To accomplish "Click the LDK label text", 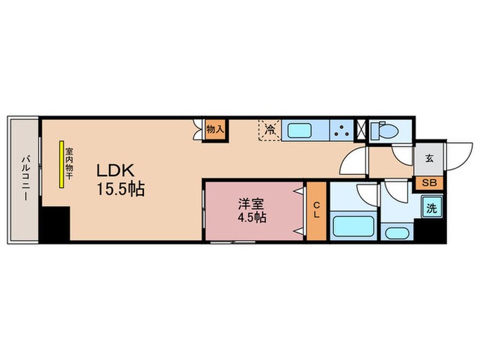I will tap(117, 171).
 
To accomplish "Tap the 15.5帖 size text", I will tap(119, 189).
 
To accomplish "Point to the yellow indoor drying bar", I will tap(62, 165).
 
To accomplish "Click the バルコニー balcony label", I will tap(24, 177).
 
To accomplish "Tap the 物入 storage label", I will tap(215, 129).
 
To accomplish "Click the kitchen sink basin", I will tap(299, 130).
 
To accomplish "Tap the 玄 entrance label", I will tap(429, 158).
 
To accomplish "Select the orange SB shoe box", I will tap(429, 182).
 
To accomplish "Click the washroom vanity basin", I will tap(396, 232).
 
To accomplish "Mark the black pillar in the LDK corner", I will tap(54, 224).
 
